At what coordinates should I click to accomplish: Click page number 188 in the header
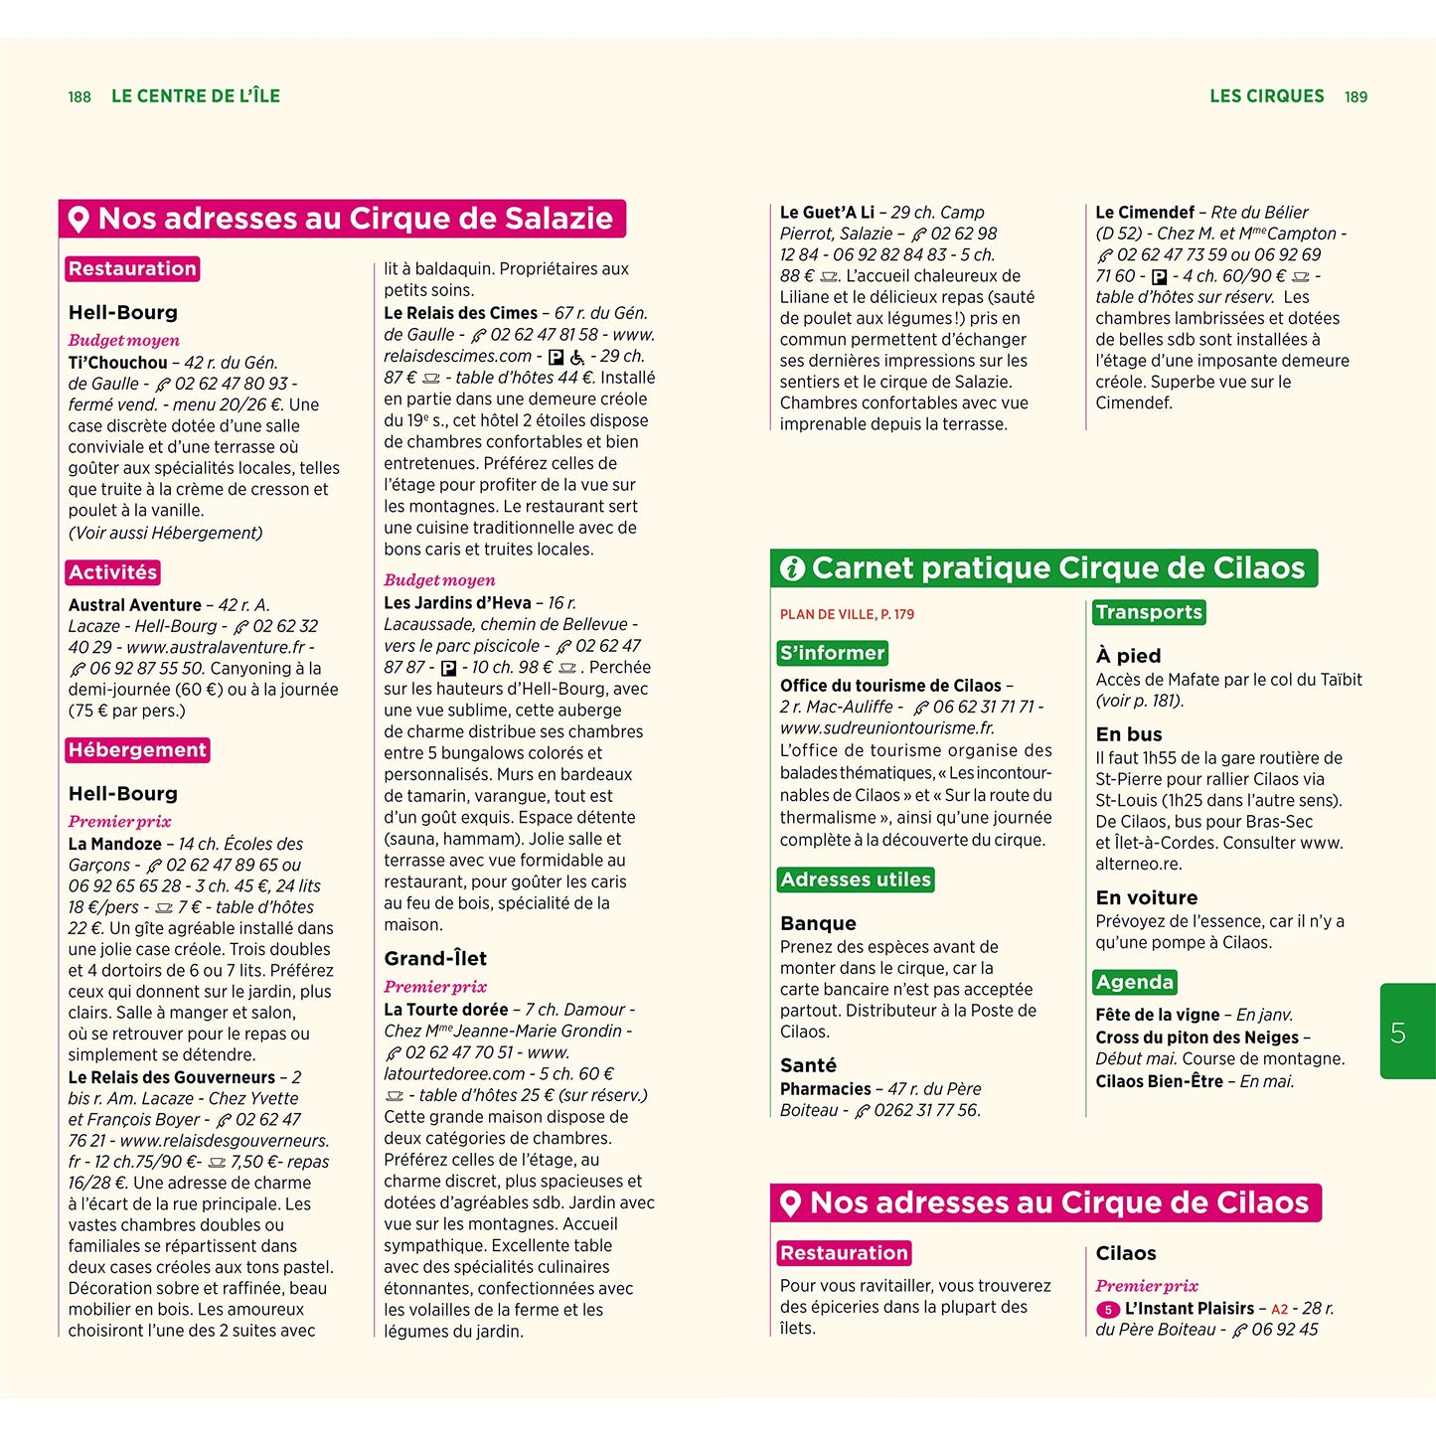tap(80, 96)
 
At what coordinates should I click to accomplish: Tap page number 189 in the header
tap(1356, 96)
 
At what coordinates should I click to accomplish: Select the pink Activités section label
tap(113, 572)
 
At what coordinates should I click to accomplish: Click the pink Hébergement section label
tap(137, 750)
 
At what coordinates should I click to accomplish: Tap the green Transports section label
tap(1149, 612)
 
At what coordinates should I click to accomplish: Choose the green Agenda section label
tap(1135, 983)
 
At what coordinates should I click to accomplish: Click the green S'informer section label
tap(833, 653)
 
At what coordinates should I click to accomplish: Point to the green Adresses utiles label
tap(856, 879)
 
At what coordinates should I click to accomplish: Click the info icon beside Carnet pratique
tap(792, 568)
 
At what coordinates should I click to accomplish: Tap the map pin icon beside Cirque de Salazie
tap(79, 219)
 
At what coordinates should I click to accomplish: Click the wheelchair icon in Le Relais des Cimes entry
tap(577, 357)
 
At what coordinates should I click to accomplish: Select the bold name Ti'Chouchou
tap(118, 363)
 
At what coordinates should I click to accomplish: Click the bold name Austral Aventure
tap(135, 605)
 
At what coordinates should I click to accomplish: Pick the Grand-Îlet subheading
tap(435, 959)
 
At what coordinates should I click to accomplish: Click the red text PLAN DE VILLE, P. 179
tap(847, 614)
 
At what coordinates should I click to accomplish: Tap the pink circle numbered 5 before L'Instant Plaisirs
tap(1108, 1310)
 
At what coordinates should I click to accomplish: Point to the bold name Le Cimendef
tap(1145, 213)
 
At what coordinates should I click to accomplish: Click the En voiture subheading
tap(1146, 897)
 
